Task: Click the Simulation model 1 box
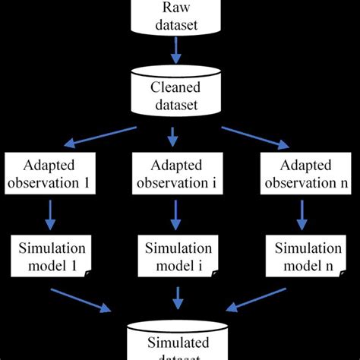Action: (x=51, y=257)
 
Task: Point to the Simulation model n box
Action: (x=304, y=257)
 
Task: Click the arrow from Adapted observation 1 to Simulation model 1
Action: (x=51, y=216)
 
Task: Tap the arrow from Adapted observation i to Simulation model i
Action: (x=175, y=216)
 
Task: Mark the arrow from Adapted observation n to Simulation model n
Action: (x=305, y=216)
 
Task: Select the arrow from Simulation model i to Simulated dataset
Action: (x=175, y=298)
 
